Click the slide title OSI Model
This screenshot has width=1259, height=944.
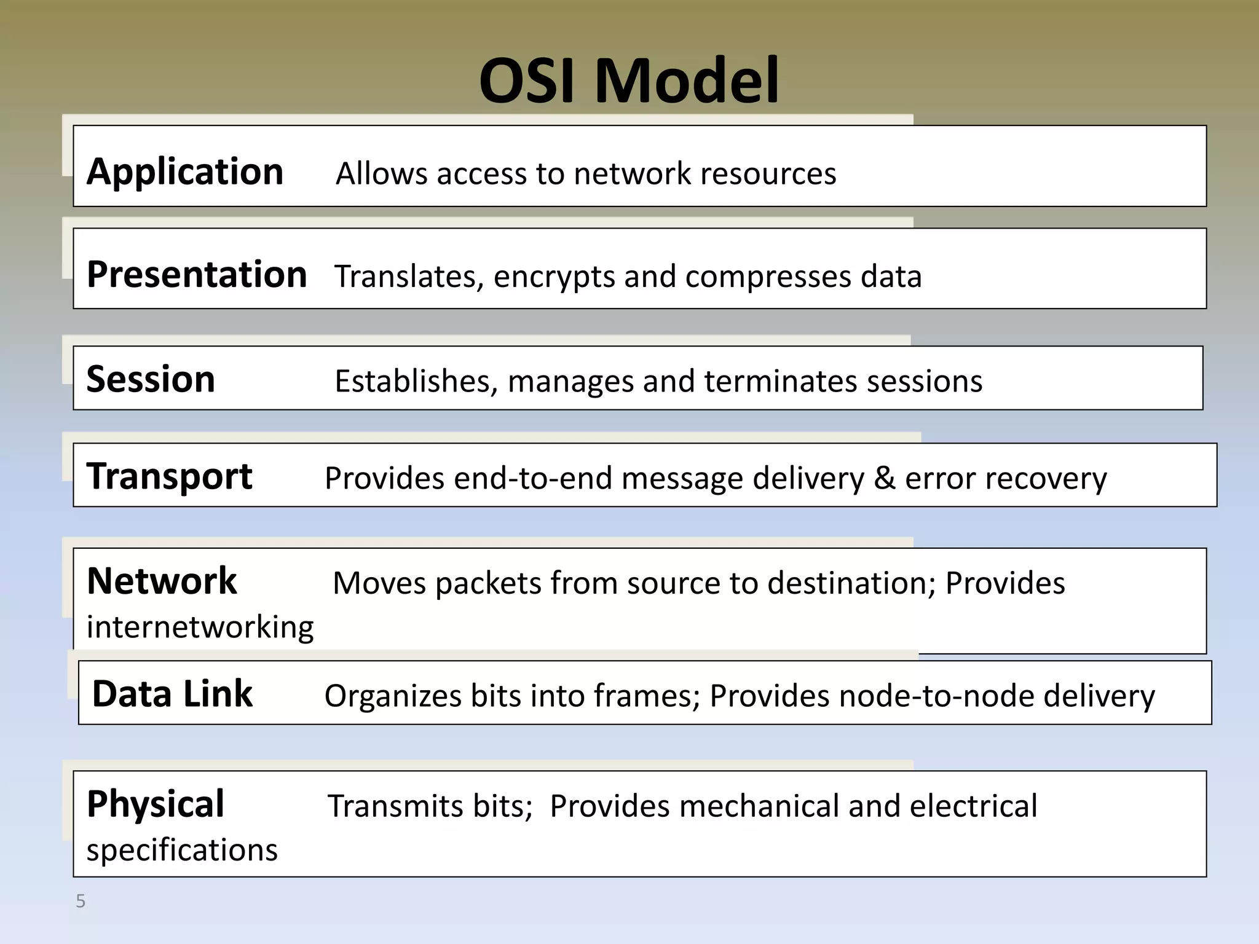629,81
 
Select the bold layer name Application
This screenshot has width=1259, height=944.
185,171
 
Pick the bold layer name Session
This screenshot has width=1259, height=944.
151,379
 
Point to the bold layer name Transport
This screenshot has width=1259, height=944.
169,476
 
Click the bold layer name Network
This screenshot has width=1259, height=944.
162,581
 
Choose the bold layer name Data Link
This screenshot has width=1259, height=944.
172,694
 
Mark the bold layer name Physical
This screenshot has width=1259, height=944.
156,804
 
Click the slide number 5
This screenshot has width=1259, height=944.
81,902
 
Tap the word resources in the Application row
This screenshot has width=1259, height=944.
768,174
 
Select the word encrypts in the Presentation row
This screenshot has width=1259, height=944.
554,277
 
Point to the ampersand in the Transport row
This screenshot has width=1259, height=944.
884,478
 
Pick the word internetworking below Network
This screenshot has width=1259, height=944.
200,627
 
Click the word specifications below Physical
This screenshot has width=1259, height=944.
182,851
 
